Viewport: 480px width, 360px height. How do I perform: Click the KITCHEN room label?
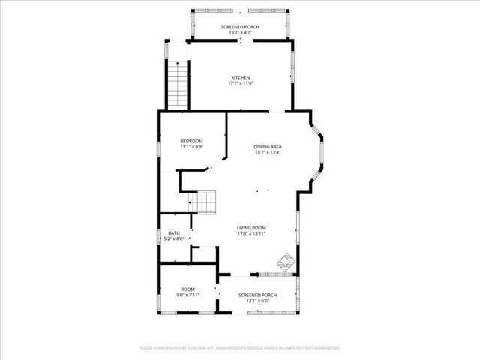(x=240, y=77)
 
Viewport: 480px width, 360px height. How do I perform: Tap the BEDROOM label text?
(x=191, y=141)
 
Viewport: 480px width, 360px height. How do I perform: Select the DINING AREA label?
(x=267, y=147)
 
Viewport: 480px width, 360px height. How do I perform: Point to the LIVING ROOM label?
(x=251, y=228)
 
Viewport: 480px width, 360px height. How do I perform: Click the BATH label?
(x=174, y=233)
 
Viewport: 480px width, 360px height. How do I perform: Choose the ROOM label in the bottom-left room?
(x=187, y=289)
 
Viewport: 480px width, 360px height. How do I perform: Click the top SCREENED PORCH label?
(x=240, y=27)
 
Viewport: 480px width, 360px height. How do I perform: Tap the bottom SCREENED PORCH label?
(x=257, y=295)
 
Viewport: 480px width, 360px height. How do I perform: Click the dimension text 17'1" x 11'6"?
(x=240, y=83)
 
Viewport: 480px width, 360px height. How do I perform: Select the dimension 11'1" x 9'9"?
(x=191, y=147)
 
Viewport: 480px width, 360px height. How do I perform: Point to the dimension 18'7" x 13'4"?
(x=267, y=153)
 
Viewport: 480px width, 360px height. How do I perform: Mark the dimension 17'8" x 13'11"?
(x=251, y=234)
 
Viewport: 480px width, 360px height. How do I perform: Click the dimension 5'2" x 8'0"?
(x=174, y=239)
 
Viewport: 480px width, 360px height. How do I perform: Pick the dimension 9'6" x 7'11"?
(x=187, y=295)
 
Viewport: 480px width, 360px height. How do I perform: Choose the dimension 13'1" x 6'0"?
(x=257, y=301)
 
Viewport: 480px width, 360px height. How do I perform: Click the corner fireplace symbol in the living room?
(x=286, y=262)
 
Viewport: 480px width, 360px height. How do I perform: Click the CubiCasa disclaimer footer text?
(x=240, y=348)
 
